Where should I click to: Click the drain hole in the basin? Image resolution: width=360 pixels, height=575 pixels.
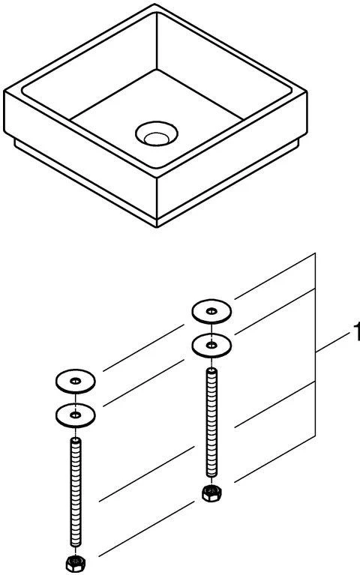click(x=157, y=134)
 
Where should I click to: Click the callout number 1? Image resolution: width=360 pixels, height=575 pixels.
click(x=356, y=331)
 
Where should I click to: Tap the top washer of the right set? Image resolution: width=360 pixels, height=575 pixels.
click(x=211, y=311)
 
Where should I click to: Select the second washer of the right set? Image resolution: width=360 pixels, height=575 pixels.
click(x=211, y=346)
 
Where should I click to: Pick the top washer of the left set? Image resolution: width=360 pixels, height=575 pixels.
click(x=76, y=382)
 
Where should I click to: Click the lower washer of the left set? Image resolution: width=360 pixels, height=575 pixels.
click(x=76, y=415)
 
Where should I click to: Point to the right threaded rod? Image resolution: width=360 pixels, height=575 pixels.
click(x=211, y=423)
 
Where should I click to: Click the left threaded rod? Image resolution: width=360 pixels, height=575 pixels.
click(x=76, y=493)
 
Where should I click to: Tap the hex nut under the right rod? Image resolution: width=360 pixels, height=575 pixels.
click(x=211, y=493)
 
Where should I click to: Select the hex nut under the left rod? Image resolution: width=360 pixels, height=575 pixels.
click(x=76, y=563)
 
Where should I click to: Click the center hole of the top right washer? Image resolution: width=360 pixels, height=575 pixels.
click(x=211, y=311)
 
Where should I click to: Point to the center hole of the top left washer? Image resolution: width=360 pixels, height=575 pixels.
click(x=75, y=381)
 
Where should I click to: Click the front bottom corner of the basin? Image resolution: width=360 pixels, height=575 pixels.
click(x=157, y=227)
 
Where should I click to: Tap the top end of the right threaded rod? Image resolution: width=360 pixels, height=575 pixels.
click(x=211, y=370)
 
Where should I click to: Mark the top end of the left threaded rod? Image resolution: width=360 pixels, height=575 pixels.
click(x=76, y=439)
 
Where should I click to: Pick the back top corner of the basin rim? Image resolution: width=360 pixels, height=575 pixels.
click(x=155, y=4)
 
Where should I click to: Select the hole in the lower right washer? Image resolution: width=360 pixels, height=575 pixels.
click(x=211, y=345)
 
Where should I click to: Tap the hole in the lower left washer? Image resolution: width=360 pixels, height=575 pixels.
click(x=75, y=415)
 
